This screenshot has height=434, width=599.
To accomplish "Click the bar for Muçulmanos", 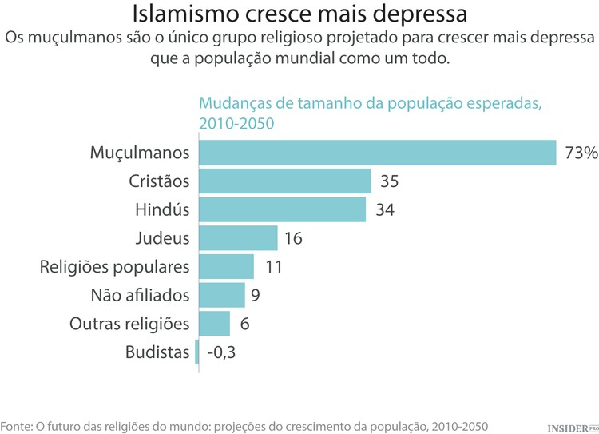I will (376, 153).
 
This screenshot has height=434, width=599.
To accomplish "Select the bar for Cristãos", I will (284, 181).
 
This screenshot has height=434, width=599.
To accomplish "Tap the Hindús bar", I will (282, 210).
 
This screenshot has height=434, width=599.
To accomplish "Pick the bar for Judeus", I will (237, 238).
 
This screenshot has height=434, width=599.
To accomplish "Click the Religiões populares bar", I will (225, 266).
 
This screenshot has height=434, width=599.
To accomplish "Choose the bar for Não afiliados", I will (221, 295).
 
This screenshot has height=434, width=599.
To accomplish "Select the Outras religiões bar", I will (213, 324).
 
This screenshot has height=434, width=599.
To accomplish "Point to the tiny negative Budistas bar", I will (196, 352).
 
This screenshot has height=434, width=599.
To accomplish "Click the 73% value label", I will (581, 153).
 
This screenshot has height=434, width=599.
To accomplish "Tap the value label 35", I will (389, 181).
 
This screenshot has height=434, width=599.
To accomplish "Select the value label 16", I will (293, 238).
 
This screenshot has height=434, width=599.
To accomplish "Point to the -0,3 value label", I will (220, 352).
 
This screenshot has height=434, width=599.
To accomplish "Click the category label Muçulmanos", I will (139, 153).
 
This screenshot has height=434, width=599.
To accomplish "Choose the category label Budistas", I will (157, 352).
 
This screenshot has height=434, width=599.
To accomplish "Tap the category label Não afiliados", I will (141, 295).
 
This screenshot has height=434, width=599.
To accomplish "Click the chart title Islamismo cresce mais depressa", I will (299, 14).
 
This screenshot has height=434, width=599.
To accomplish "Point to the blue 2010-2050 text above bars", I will (236, 124).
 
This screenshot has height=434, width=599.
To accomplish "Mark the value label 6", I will (244, 324).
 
